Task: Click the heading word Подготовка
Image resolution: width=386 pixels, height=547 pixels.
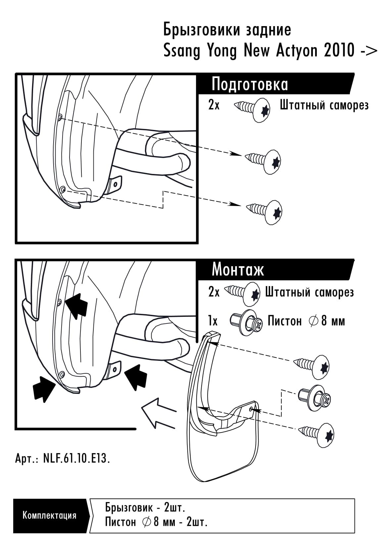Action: pos(249,84)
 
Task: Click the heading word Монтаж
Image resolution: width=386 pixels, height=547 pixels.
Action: pos(237,270)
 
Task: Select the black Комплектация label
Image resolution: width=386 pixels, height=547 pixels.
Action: pos(49,515)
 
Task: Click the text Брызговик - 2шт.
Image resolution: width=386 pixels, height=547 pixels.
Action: pos(145,507)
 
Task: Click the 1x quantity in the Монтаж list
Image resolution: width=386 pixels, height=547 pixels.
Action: pos(213,321)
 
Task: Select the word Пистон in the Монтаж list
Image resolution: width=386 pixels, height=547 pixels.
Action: pos(284,321)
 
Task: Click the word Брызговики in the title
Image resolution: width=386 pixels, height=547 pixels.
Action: pos(202,30)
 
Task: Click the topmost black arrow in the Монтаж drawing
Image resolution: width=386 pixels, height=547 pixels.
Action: pos(76,304)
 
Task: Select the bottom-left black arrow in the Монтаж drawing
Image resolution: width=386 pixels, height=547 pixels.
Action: pos(44,388)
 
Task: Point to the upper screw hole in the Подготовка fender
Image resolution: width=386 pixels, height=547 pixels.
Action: pos(60,117)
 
